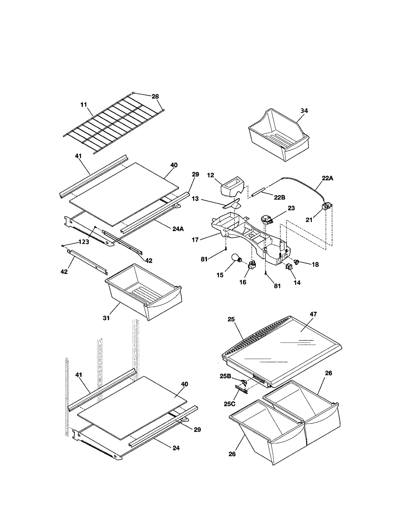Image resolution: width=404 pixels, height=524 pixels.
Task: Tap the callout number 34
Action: [304, 111]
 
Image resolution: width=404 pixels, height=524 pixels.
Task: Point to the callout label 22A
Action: [327, 178]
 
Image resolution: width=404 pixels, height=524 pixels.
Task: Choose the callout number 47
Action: [313, 314]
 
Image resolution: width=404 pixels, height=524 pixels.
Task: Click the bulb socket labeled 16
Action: [252, 265]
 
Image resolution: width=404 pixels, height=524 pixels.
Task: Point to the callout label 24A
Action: [178, 229]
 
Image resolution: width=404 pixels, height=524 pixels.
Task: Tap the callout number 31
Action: [106, 318]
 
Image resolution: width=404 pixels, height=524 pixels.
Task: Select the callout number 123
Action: [84, 242]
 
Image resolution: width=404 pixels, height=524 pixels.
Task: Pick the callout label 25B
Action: [225, 376]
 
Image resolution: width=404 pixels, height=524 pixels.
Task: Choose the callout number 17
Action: [195, 240]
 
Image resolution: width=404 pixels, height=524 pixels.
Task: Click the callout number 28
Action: [155, 96]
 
